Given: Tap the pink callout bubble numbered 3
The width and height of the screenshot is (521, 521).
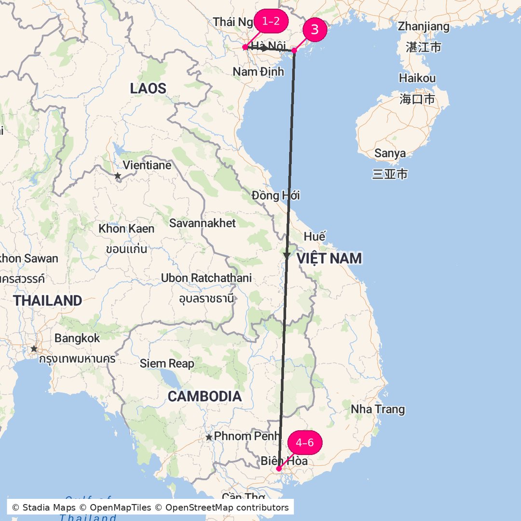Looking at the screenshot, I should pyautogui.click(x=315, y=30).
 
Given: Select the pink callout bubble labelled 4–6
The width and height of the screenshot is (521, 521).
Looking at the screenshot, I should pyautogui.click(x=304, y=443).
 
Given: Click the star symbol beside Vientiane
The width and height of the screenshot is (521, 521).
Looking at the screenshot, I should pyautogui.click(x=118, y=176).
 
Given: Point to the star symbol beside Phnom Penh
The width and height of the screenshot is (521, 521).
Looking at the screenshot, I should pyautogui.click(x=209, y=437).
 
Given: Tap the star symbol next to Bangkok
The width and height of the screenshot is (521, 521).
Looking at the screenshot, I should pyautogui.click(x=34, y=348).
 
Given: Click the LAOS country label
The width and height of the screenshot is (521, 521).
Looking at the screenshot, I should pyautogui.click(x=148, y=89).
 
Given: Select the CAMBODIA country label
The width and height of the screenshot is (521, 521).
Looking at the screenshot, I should pyautogui.click(x=205, y=397).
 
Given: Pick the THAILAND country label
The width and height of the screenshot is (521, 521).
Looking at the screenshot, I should pyautogui.click(x=48, y=301).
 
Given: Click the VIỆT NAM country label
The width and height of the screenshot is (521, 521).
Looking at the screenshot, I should pyautogui.click(x=329, y=259).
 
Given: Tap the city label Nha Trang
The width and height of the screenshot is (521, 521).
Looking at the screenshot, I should pyautogui.click(x=378, y=410).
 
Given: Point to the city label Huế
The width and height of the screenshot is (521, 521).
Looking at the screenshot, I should pyautogui.click(x=315, y=237).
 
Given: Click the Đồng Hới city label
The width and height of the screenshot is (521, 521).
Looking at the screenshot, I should pyautogui.click(x=275, y=195).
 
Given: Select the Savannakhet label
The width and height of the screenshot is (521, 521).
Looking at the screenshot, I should pyautogui.click(x=202, y=223).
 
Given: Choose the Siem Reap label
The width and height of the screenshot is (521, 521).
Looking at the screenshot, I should pyautogui.click(x=167, y=364).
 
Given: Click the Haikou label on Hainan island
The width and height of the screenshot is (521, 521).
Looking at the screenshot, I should pyautogui.click(x=417, y=78).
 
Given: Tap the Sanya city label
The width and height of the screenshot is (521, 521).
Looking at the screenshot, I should pyautogui.click(x=390, y=154).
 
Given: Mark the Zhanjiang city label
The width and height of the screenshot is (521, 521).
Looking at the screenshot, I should pyautogui.click(x=424, y=27).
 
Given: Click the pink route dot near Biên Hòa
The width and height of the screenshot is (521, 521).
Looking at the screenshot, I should pyautogui.click(x=279, y=468).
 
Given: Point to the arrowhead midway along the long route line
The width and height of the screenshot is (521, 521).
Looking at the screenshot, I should pyautogui.click(x=287, y=255).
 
